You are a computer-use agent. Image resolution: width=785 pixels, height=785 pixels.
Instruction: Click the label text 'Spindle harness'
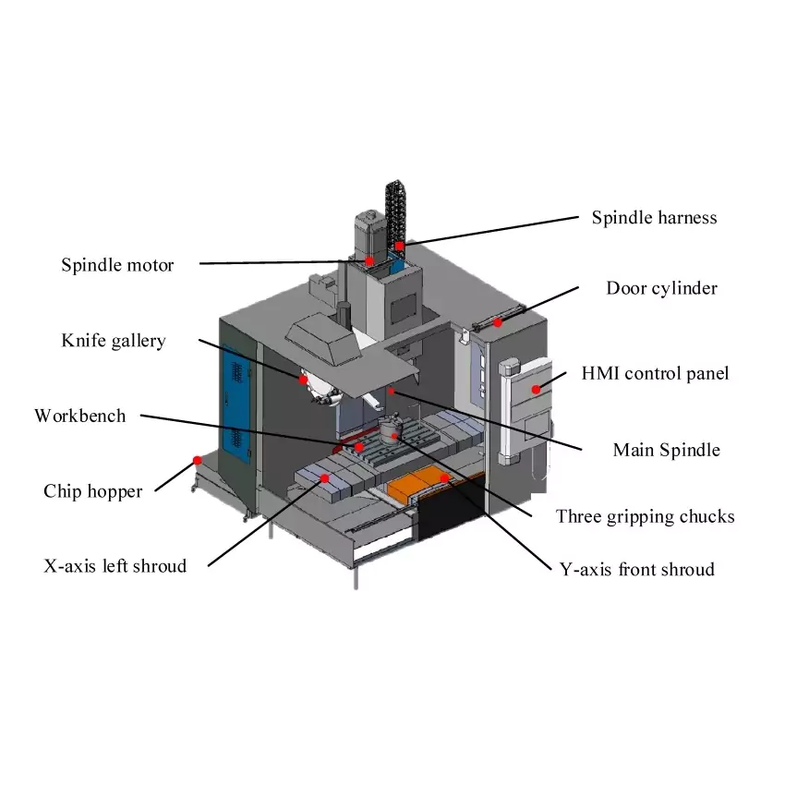point(654,218)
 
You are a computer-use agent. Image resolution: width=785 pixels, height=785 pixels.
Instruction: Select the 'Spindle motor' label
point(117,265)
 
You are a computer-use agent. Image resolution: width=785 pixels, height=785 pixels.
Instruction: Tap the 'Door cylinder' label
point(661,288)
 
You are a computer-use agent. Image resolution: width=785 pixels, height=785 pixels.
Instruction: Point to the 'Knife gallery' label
point(114,341)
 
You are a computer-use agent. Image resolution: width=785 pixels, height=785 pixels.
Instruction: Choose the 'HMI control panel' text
point(655,374)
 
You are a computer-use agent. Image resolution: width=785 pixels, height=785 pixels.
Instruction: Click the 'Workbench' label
point(80,416)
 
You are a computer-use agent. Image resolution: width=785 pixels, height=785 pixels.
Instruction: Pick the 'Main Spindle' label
point(666,451)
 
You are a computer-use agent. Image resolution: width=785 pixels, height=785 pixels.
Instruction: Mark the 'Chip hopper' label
point(92,491)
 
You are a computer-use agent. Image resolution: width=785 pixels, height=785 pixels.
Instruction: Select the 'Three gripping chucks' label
point(645,516)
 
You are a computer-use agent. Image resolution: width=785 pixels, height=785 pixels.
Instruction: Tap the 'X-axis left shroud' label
point(115,565)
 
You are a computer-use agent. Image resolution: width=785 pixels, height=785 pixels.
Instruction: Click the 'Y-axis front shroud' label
point(637,570)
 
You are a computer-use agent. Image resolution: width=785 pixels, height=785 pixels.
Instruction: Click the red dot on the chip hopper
point(197,459)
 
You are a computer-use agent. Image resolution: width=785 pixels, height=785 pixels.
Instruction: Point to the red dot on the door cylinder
point(498,322)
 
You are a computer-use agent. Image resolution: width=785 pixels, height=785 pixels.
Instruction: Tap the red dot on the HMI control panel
point(537,390)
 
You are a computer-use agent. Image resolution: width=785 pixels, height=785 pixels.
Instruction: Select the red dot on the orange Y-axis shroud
point(445,477)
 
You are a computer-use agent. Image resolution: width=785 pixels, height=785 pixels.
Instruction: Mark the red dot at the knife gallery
point(303,379)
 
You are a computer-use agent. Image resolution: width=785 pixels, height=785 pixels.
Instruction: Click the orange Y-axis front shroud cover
point(420,483)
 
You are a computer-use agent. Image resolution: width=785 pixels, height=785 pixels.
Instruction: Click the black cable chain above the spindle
point(394,208)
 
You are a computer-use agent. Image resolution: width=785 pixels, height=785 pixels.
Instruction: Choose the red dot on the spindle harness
point(399,246)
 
